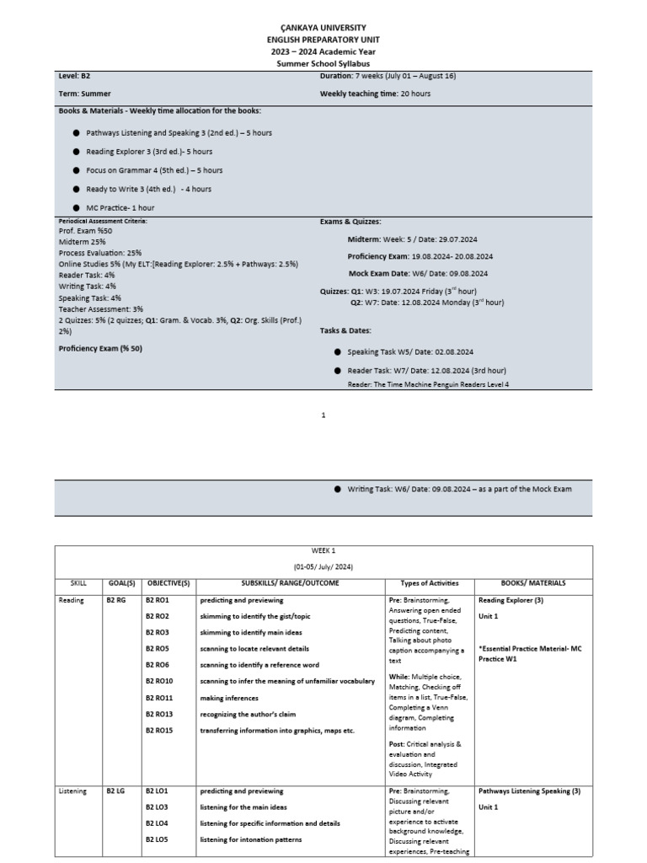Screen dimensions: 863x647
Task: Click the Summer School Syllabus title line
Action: click(323, 63)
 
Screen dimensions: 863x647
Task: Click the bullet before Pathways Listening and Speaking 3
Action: click(77, 133)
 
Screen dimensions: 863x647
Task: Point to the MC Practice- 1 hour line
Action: click(120, 207)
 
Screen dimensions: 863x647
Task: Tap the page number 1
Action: click(323, 415)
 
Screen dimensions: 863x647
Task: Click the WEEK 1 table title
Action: click(323, 550)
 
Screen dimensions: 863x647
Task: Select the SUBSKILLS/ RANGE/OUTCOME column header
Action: click(288, 583)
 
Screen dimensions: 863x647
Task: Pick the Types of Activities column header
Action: click(430, 583)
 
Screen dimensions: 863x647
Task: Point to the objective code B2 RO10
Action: click(159, 681)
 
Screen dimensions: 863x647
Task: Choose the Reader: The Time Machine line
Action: click(428, 384)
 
